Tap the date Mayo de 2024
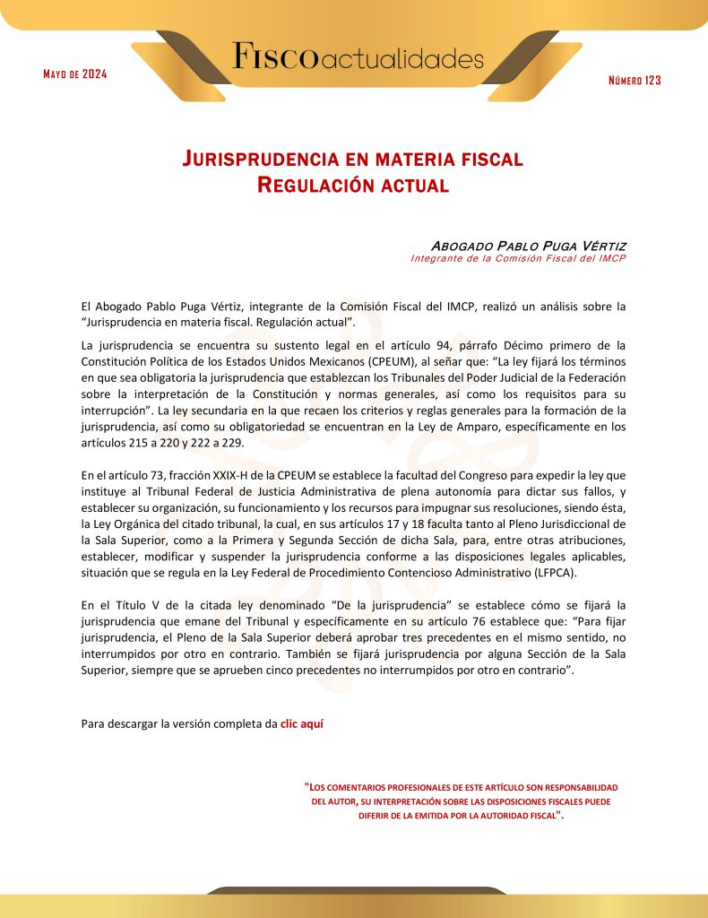pos(75,74)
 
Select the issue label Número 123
pos(635,81)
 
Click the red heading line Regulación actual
pos(352,186)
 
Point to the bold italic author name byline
pos(528,246)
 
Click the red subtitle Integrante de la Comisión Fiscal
pos(518,259)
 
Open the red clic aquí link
pos(302,723)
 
